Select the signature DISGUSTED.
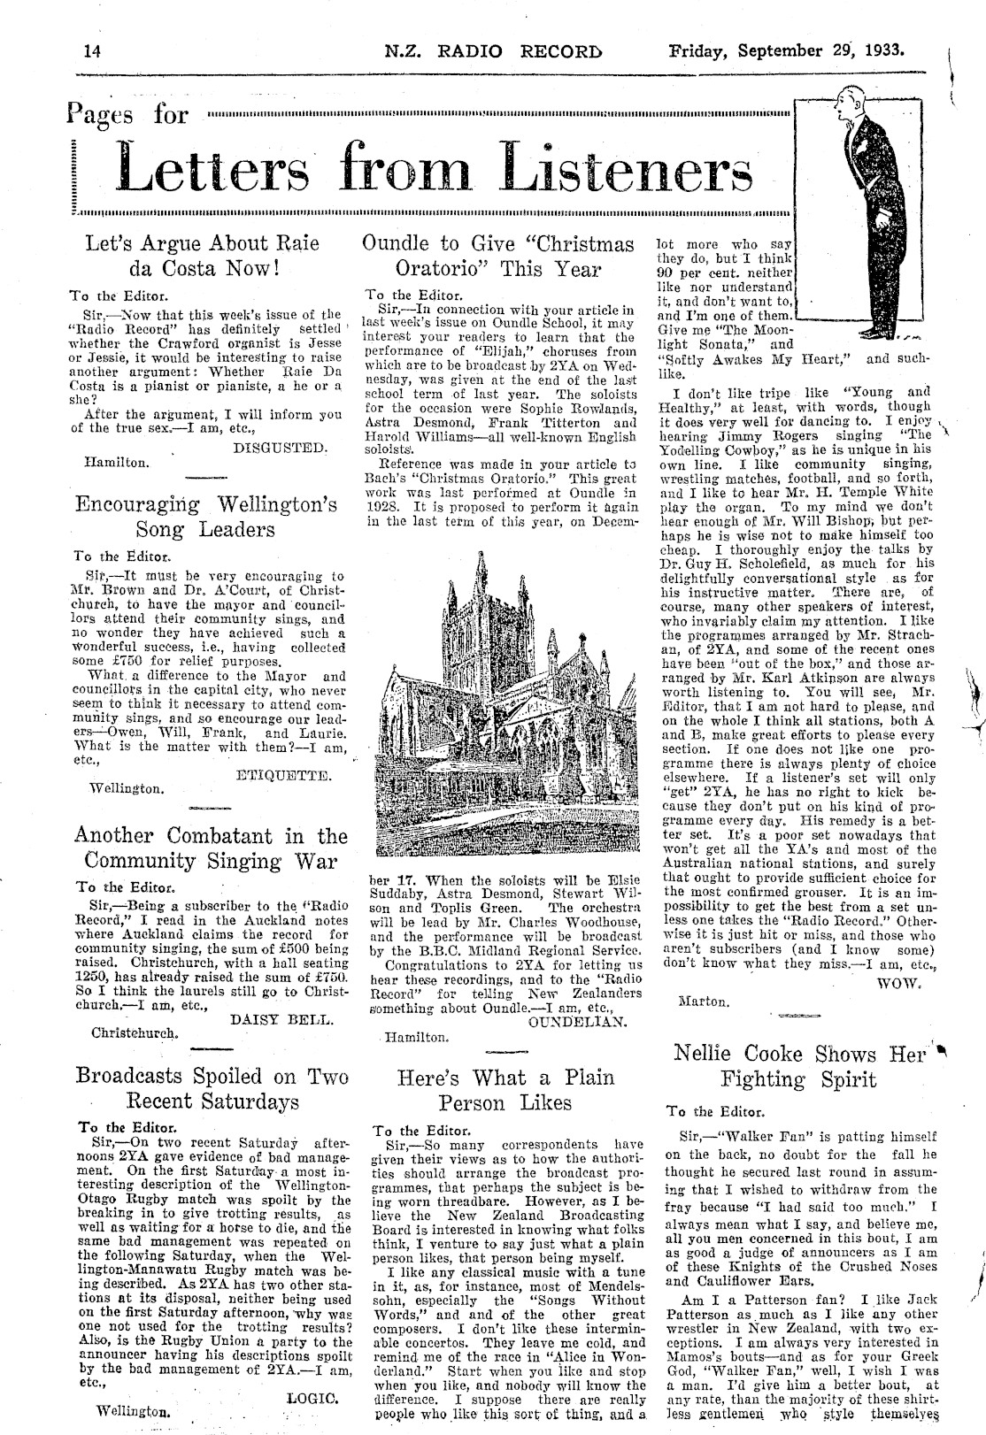point(280,448)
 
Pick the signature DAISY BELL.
point(281,1019)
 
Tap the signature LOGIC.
point(313,1399)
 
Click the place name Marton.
point(703,1002)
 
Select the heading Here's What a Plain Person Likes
point(506,1090)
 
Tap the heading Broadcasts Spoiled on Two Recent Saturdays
point(212,1088)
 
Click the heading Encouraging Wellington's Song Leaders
point(205,517)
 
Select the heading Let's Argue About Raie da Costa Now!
point(202,256)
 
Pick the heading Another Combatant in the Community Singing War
point(211,848)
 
